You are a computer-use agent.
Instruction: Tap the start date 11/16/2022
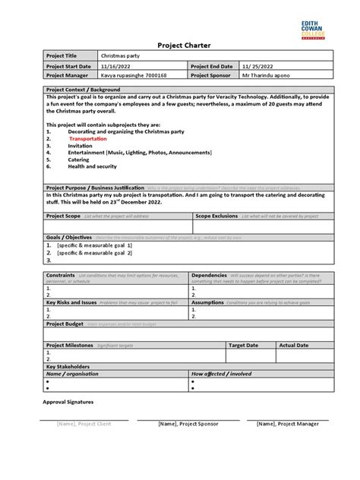point(117,66)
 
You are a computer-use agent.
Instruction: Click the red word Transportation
point(88,140)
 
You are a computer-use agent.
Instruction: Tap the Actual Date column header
point(293,345)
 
